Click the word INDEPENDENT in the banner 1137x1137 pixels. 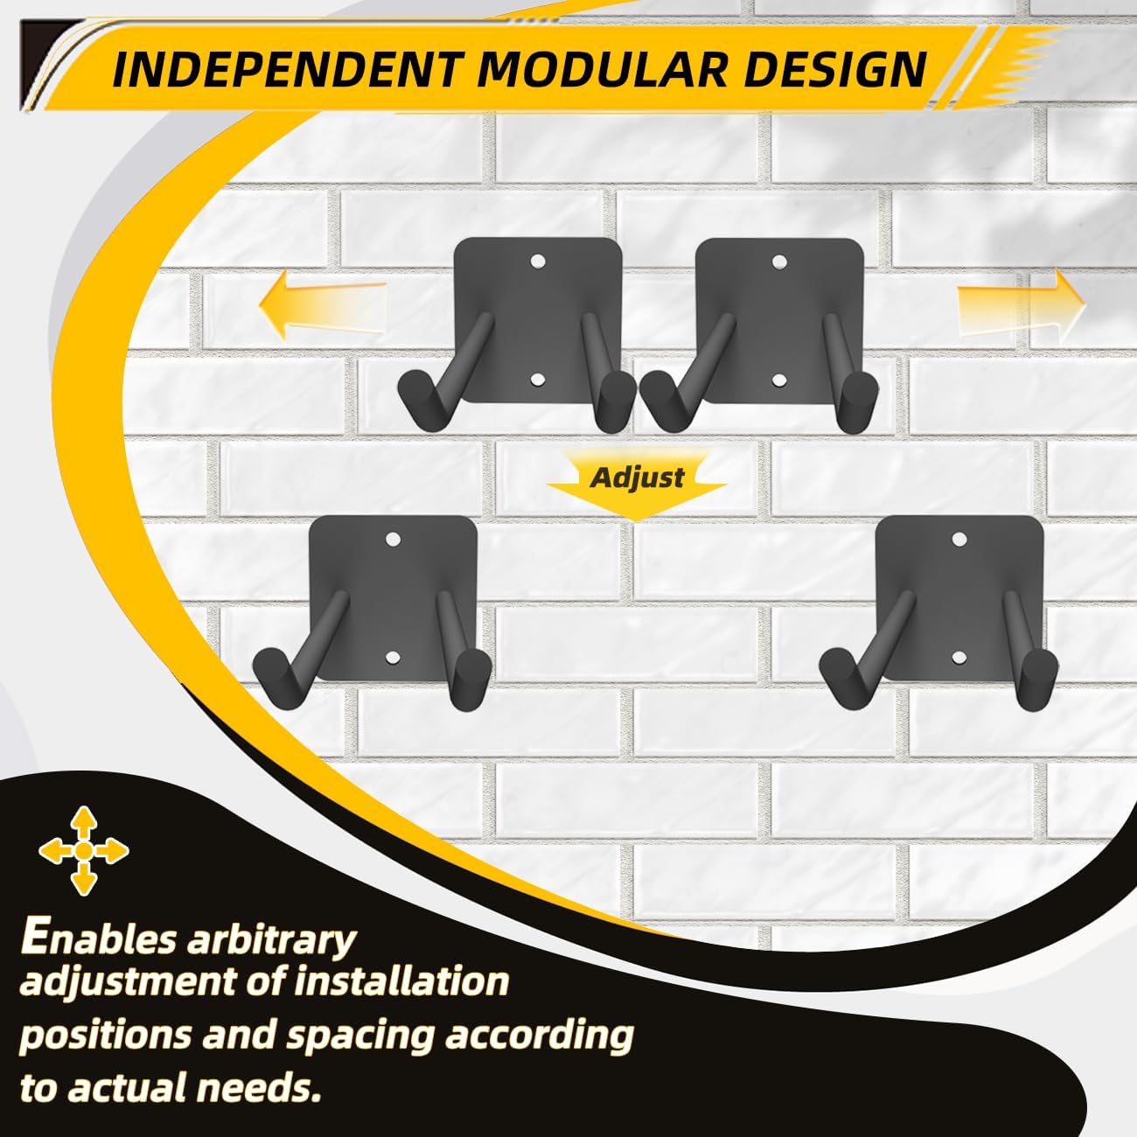285,70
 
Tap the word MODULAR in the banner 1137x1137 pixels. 600,70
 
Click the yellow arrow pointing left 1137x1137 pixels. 323,304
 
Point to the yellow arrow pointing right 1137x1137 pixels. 1020,305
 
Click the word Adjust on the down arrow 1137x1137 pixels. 638,478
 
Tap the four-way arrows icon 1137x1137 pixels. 83,850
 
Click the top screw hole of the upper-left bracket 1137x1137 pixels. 537,261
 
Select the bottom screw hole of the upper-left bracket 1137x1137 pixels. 537,380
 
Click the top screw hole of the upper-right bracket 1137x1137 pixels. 779,261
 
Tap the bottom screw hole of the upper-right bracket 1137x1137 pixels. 779,380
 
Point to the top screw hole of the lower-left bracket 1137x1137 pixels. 393,538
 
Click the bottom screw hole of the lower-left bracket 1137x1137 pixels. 393,658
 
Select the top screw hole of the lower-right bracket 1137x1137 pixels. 959,538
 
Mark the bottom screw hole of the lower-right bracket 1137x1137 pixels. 959,658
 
